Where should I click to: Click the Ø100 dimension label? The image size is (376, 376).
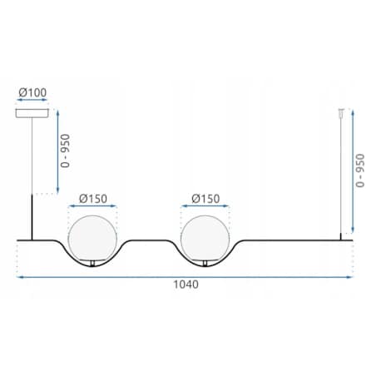pyautogui.click(x=32, y=92)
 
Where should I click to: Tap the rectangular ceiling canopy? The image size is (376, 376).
pyautogui.click(x=32, y=113)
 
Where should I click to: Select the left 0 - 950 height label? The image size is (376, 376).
pyautogui.click(x=65, y=151)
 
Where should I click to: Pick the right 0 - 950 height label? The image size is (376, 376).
pyautogui.click(x=360, y=171)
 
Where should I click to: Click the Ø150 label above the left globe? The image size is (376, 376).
pyautogui.click(x=93, y=199)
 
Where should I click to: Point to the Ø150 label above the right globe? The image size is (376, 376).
pyautogui.click(x=205, y=199)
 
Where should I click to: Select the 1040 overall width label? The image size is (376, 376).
pyautogui.click(x=186, y=284)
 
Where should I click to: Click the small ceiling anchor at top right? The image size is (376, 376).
pyautogui.click(x=341, y=111)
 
